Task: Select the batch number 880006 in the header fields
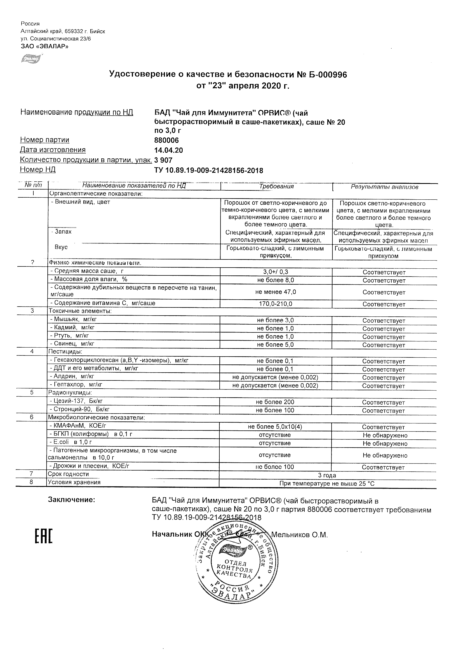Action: tap(166, 140)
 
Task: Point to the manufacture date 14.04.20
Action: tap(168, 150)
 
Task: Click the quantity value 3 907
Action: tap(163, 160)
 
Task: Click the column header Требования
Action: tap(276, 186)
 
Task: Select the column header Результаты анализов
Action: tap(385, 187)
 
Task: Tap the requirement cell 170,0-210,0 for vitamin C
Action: tap(275, 304)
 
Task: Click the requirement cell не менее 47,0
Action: tap(275, 292)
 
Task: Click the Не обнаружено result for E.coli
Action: tap(385, 444)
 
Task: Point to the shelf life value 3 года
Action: tap(327, 475)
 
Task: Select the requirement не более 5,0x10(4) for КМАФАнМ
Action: tap(275, 427)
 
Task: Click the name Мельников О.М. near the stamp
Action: tap(299, 535)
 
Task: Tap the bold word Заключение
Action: tap(71, 499)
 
